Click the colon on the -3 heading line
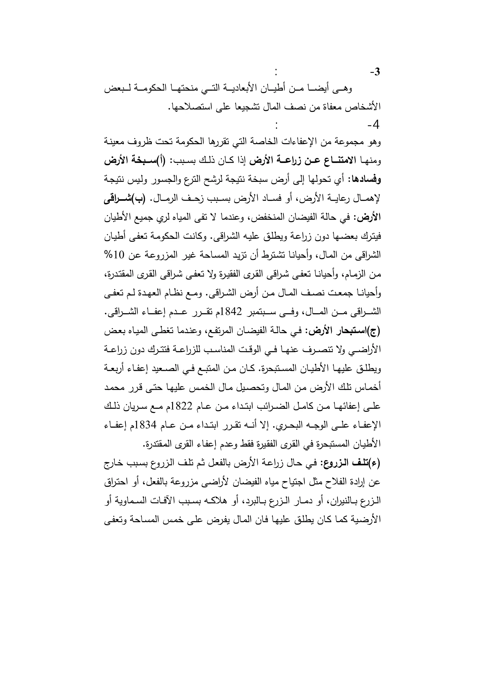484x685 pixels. coord(277,73)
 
